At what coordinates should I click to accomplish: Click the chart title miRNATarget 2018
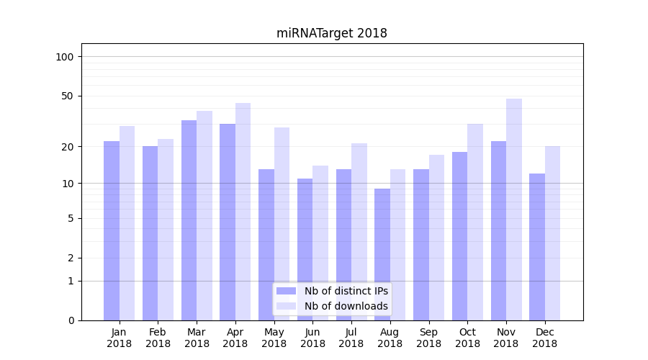coord(331,33)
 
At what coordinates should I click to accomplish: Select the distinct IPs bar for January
coord(112,230)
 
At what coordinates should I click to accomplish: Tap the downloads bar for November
coord(514,209)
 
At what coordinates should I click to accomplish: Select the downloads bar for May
coord(282,223)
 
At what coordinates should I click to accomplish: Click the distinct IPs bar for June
coord(305,249)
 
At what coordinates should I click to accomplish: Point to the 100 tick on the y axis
coord(65,57)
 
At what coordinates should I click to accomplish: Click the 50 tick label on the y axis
coord(68,96)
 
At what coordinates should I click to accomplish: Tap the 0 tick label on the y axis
coord(71,320)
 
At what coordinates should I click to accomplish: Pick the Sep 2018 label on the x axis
coord(428,338)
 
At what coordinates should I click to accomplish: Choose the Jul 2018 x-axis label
coord(351,338)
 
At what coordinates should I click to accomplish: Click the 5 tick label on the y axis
coord(71,218)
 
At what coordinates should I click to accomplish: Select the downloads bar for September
coord(436,238)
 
